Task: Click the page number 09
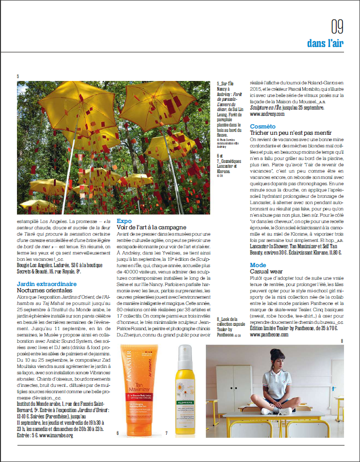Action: coord(337,25)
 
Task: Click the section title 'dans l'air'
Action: coord(325,43)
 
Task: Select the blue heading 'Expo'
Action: coord(124,220)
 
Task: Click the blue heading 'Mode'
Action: coord(258,265)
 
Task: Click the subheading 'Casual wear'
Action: coord(266,271)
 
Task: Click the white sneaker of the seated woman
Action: coord(268,411)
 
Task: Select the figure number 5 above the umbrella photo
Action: coord(18,76)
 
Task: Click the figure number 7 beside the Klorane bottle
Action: coord(166,432)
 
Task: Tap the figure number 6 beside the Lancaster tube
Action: coord(117,432)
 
